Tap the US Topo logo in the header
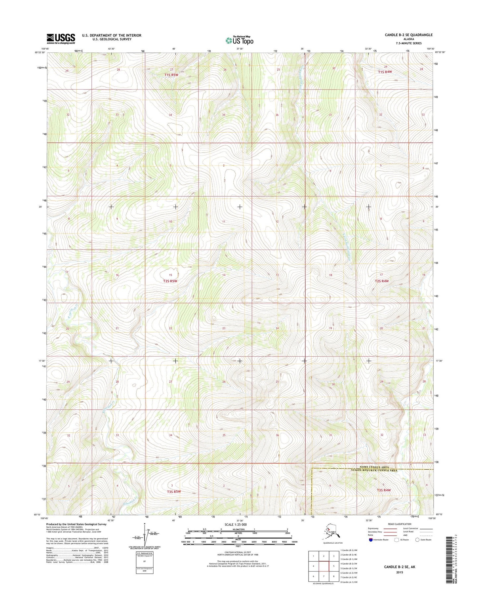tap(239, 40)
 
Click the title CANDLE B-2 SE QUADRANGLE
tap(404, 35)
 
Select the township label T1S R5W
tap(171, 75)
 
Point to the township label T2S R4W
tap(382, 281)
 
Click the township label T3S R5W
tap(174, 492)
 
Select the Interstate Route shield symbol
tap(371, 540)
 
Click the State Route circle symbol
tap(417, 540)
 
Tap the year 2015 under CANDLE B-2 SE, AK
tap(399, 572)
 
